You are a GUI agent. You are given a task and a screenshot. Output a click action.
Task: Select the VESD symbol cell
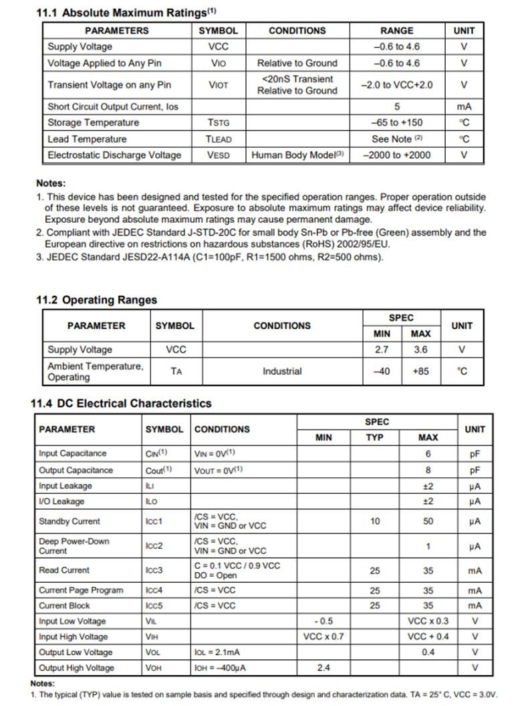point(218,155)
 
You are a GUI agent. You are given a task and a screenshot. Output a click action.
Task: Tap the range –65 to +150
point(396,122)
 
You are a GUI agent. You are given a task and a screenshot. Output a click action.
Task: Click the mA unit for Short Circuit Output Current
point(464,106)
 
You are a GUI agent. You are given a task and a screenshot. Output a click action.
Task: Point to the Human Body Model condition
point(297,155)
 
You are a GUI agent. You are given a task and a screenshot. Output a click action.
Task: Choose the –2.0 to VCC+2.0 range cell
point(396,85)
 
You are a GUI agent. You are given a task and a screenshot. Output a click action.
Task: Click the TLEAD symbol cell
point(218,139)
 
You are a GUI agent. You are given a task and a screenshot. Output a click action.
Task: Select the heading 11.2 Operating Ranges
point(96,300)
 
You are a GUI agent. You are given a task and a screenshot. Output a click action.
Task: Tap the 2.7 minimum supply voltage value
point(382,350)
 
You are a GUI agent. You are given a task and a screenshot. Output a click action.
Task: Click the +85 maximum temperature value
point(420,371)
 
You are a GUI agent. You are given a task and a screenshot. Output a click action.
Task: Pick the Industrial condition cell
point(282,371)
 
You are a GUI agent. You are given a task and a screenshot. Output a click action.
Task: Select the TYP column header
point(375,438)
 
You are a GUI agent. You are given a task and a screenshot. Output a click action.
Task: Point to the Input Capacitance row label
point(72,454)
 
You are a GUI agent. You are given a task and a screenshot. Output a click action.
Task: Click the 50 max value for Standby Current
point(428,521)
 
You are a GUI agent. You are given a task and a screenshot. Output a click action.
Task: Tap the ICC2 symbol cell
point(154,546)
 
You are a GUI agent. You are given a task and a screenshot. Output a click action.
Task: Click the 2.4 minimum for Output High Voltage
point(323,668)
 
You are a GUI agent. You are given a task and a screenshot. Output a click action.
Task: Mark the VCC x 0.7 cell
point(323,637)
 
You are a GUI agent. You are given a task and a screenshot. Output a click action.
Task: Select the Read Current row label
point(64,571)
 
